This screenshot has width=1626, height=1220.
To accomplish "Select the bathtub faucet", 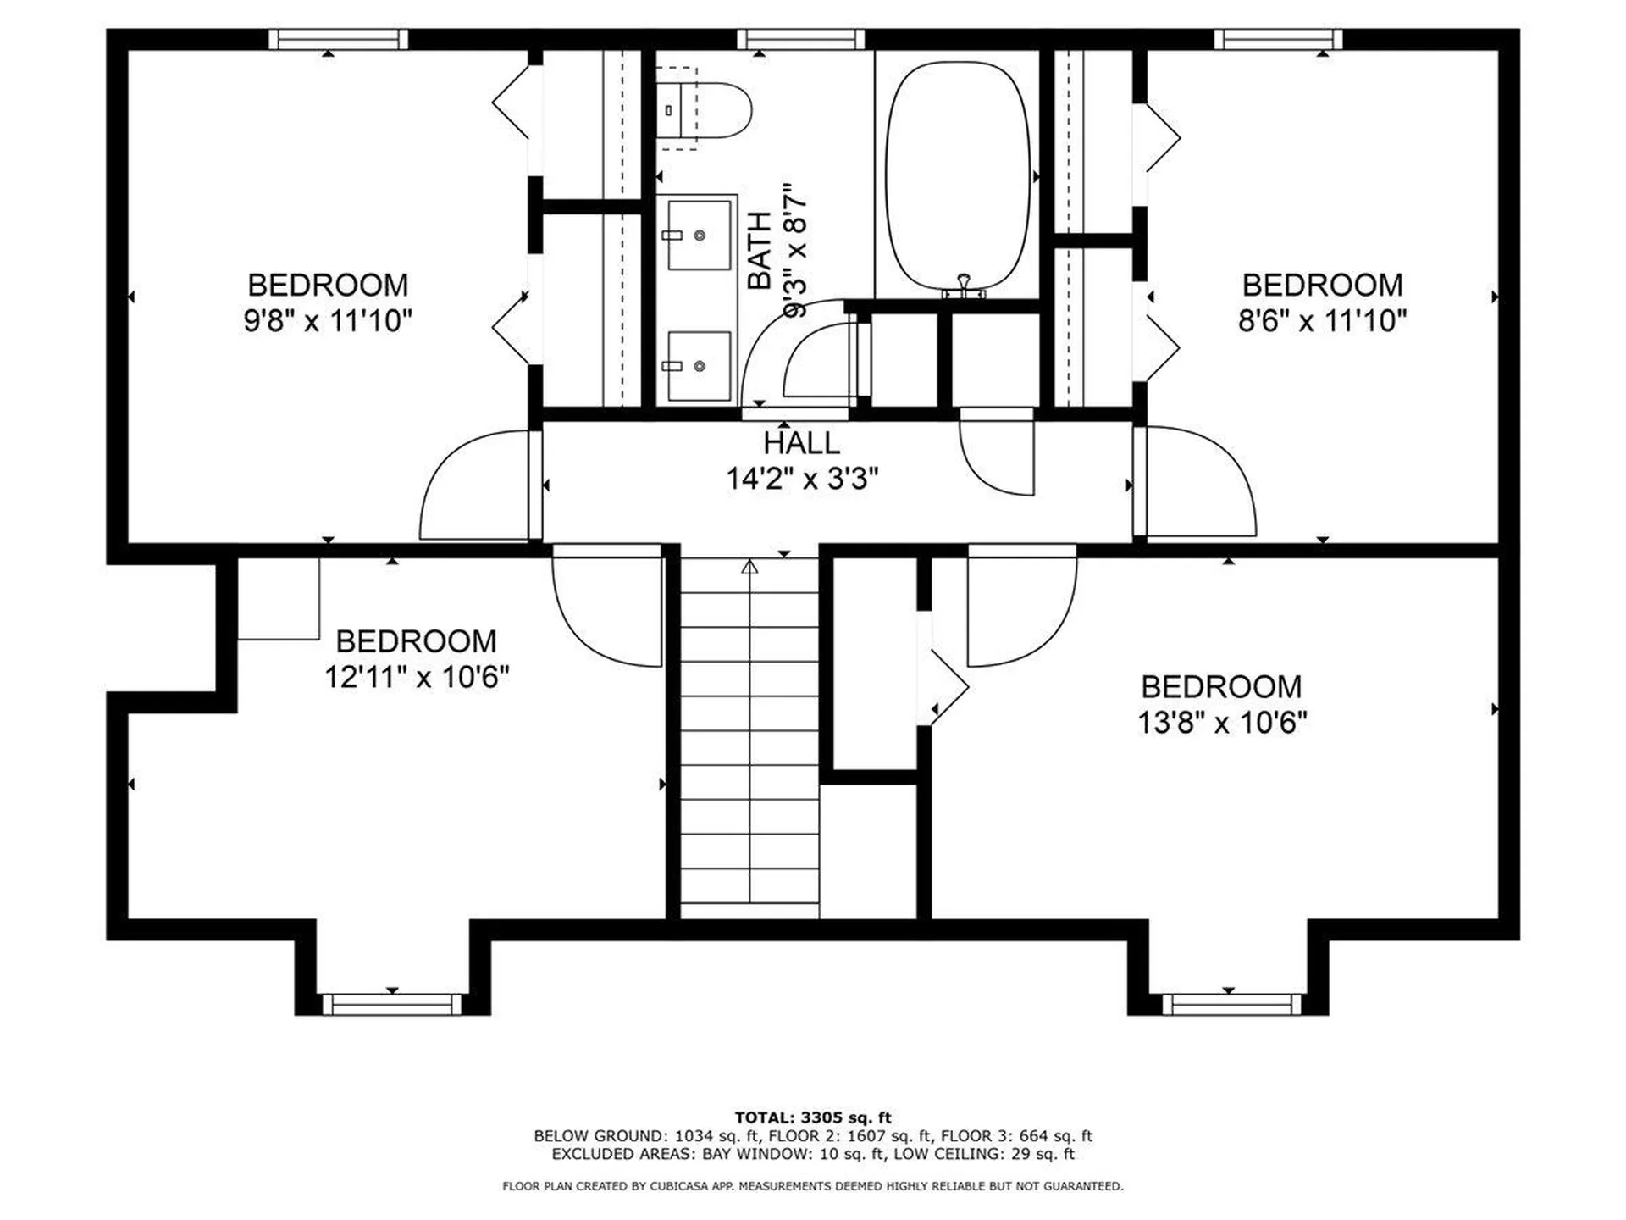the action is (x=964, y=286).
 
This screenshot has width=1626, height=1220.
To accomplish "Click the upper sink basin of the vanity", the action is (x=700, y=235).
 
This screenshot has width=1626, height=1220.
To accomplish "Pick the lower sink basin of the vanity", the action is (x=700, y=366).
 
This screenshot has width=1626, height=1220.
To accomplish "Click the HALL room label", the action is (x=801, y=443).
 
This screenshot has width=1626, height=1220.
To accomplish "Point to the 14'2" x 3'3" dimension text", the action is (x=802, y=480).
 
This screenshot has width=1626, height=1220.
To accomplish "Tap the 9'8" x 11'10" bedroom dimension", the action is (x=328, y=321).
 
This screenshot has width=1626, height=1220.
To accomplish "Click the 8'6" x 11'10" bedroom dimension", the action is (x=1322, y=321).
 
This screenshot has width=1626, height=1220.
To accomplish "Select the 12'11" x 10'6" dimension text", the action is (x=417, y=677).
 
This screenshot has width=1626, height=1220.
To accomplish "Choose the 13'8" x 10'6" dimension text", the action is (x=1222, y=723).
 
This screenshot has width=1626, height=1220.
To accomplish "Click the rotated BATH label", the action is (x=760, y=251).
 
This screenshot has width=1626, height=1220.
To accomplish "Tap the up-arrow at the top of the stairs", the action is (x=749, y=566).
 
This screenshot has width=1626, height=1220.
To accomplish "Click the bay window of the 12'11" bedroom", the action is (x=392, y=1004).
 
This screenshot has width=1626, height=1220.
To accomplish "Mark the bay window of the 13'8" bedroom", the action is (x=1231, y=1004).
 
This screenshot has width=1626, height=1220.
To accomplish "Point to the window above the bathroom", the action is (x=800, y=39).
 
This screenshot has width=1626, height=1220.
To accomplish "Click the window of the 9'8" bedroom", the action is (x=339, y=39).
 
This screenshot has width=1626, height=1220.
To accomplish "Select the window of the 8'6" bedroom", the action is (x=1279, y=39).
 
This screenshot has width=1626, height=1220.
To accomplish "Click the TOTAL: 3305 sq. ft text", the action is (x=813, y=1117).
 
